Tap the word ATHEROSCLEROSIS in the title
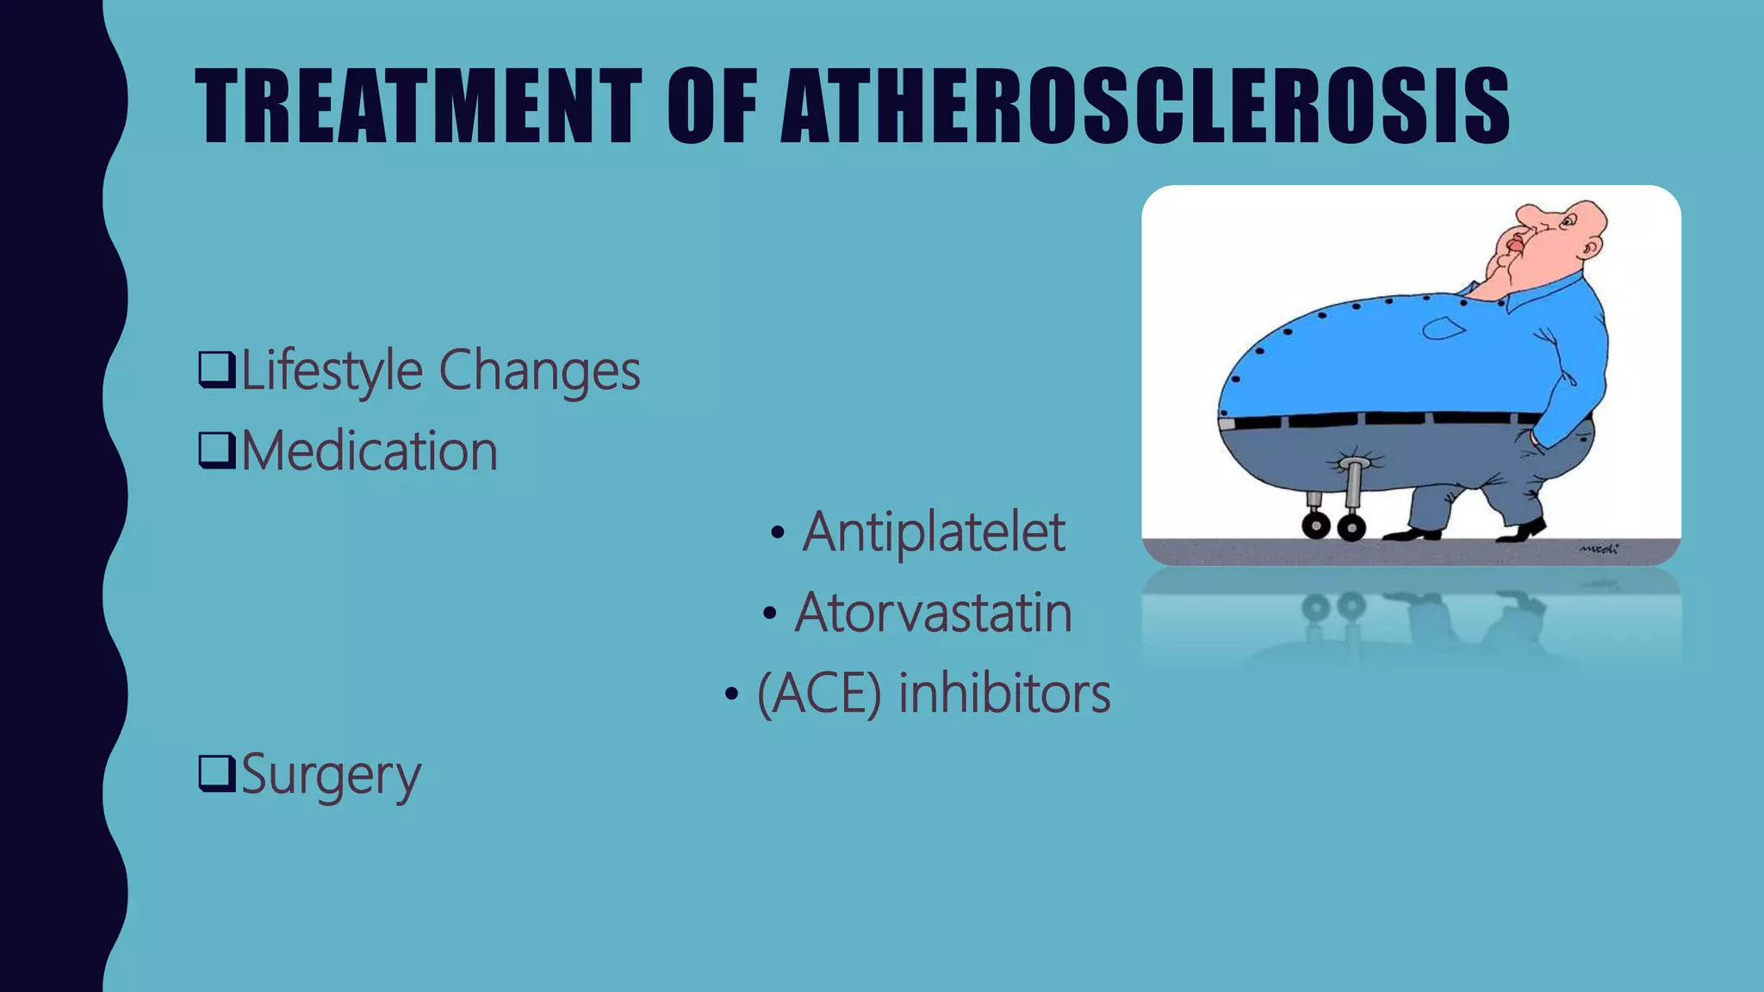pos(1145,106)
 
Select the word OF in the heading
pos(711,106)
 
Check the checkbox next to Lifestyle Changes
pos(216,369)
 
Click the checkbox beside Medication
pos(216,450)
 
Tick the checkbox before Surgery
pos(216,772)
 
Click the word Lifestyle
pos(332,371)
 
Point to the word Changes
pos(539,371)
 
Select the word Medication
pos(369,451)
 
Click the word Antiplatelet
pos(934,532)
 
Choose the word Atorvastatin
pos(933,613)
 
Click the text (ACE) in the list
pos(819,694)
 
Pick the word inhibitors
pos(1004,694)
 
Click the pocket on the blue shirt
pos(1444,328)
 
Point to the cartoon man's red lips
pos(1513,243)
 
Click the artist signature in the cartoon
pos(1599,549)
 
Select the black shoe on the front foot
pos(1524,530)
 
